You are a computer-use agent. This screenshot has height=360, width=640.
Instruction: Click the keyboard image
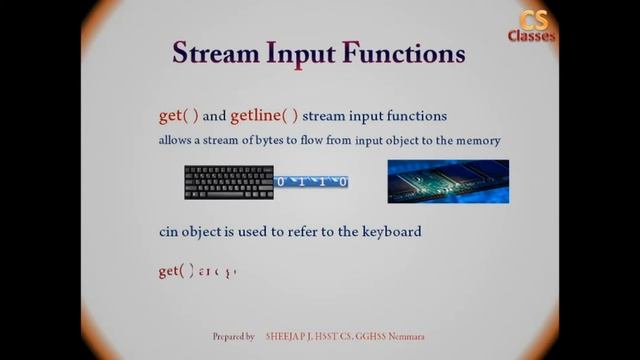coord(228,182)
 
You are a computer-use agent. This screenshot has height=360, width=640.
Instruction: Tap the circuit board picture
coord(448,181)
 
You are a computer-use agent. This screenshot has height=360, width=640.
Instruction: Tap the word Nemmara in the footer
coord(406,337)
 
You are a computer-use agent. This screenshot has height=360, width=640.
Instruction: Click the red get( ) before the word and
coord(178,115)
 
